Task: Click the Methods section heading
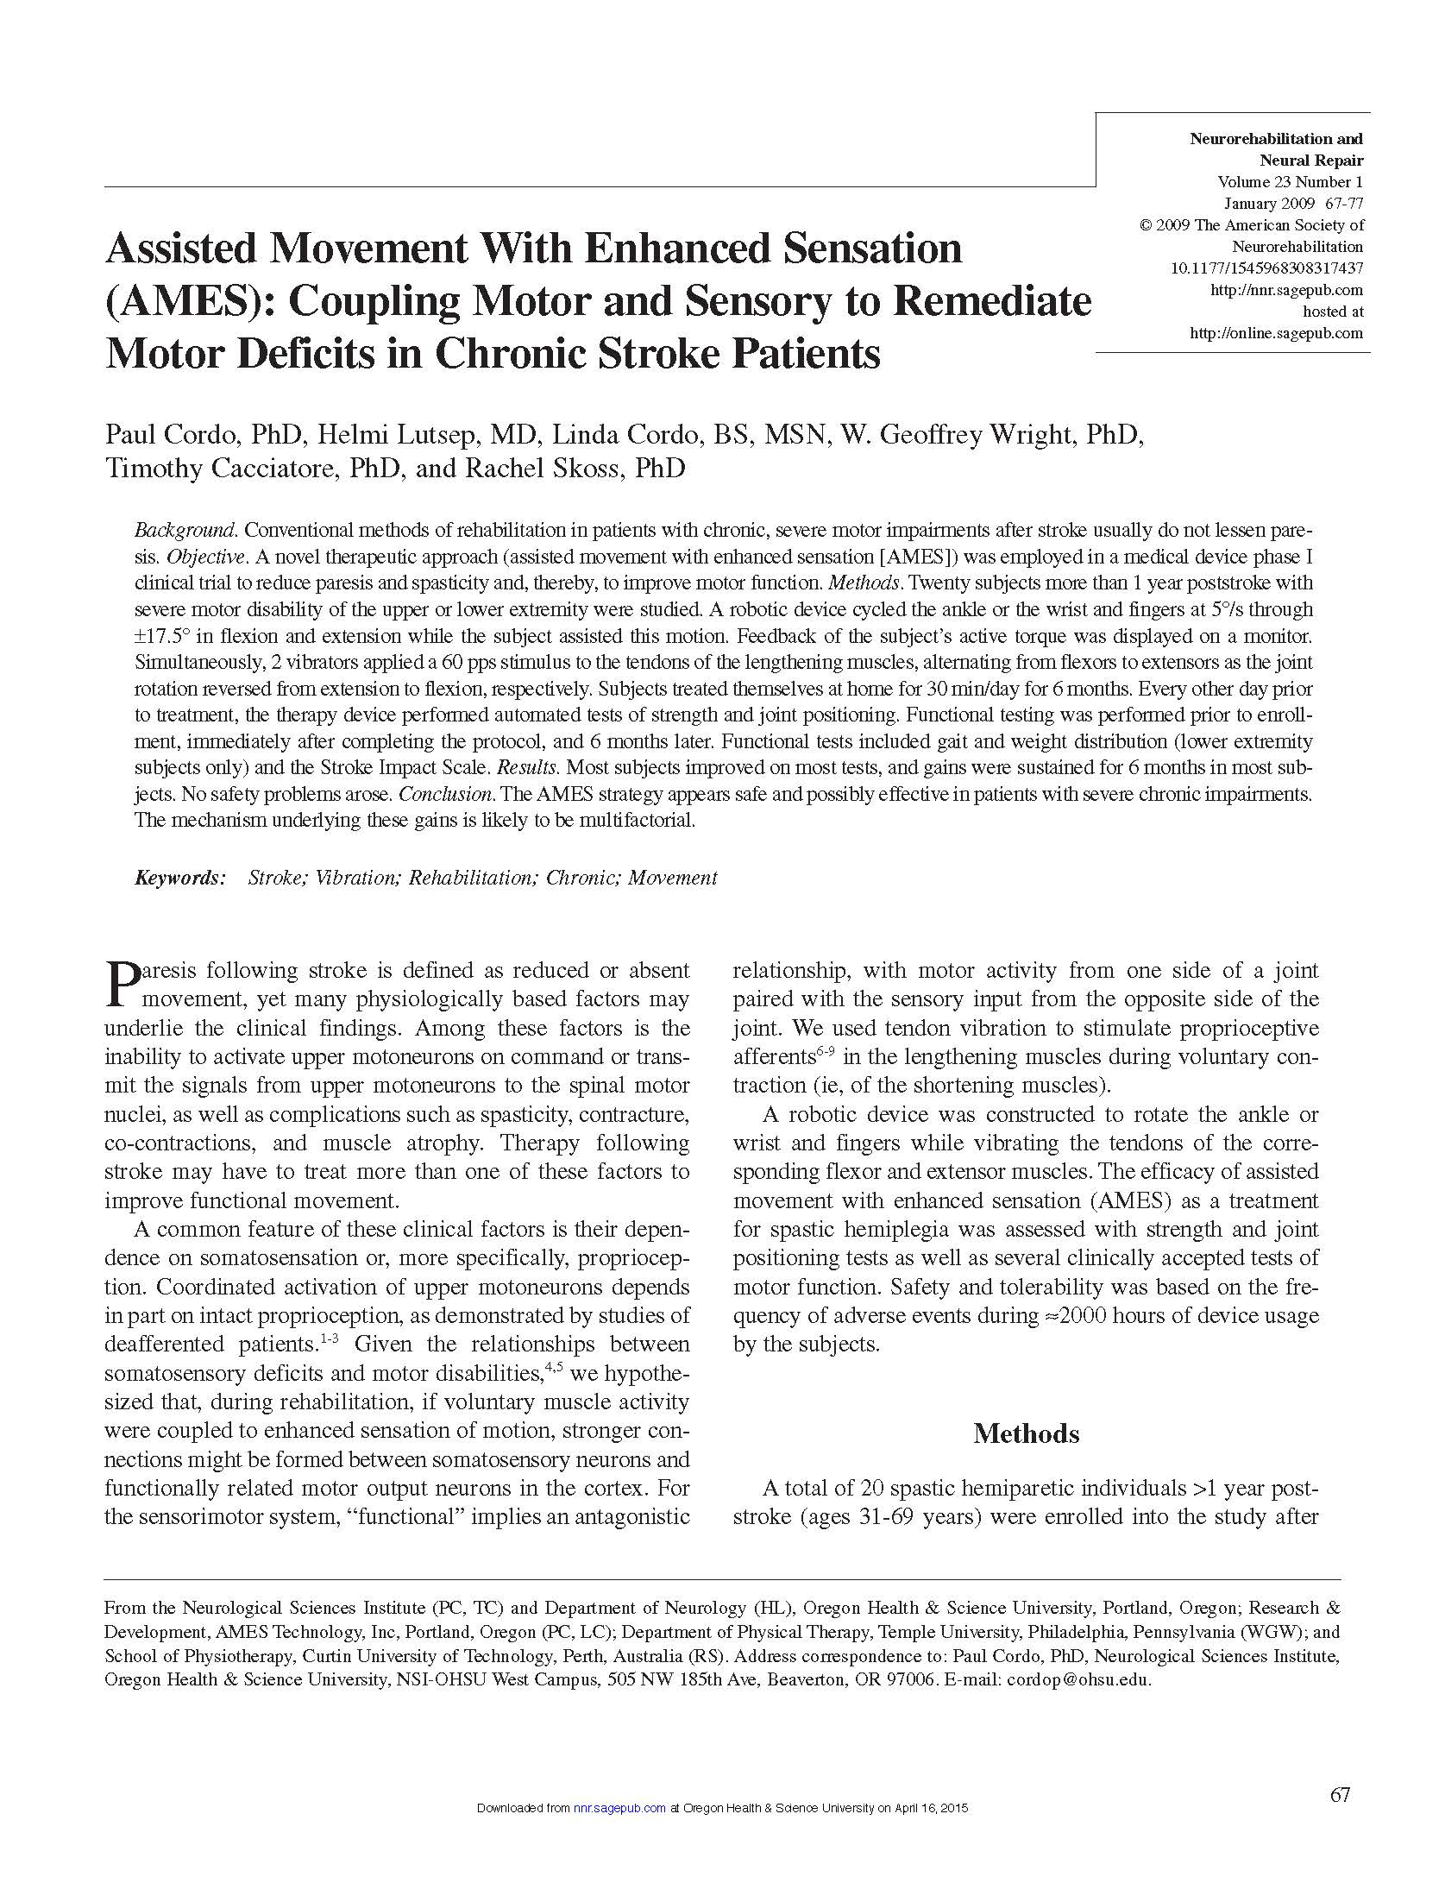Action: click(1026, 1433)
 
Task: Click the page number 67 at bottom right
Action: click(1339, 1795)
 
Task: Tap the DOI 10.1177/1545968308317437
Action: click(1266, 268)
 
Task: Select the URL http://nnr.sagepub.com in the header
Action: click(1286, 290)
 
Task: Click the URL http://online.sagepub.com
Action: click(1276, 333)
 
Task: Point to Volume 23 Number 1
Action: click(1290, 182)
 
